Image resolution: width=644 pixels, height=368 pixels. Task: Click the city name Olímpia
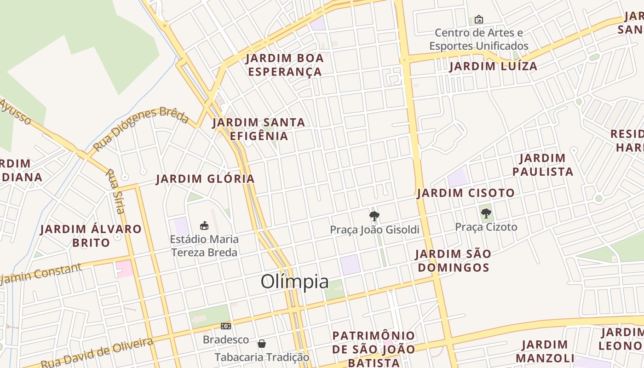[294, 282]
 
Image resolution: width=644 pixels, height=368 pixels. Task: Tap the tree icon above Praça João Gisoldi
[374, 216]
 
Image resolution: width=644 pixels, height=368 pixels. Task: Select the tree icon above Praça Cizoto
[486, 213]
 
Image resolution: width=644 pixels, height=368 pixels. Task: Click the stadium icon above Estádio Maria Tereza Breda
[204, 225]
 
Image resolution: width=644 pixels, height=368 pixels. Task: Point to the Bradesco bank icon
[225, 326]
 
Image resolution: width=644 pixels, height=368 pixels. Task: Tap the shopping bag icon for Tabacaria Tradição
[262, 344]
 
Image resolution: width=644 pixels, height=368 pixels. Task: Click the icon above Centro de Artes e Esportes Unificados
[478, 19]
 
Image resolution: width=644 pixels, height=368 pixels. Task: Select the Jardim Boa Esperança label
[285, 65]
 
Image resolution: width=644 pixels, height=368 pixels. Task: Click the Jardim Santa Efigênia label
[259, 129]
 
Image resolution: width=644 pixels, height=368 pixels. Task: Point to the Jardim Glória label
[205, 179]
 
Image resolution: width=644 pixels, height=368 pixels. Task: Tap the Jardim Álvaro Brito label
[91, 236]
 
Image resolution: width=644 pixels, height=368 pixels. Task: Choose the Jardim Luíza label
[493, 66]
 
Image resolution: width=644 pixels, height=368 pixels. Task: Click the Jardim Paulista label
[543, 165]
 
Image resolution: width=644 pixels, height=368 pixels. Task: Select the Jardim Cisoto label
[466, 193]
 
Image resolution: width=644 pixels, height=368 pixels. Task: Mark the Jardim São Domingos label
[453, 260]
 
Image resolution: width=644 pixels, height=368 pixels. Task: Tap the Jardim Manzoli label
[545, 351]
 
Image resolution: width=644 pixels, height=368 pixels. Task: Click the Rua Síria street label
[115, 191]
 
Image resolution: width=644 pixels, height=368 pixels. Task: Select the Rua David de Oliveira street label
[97, 353]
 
